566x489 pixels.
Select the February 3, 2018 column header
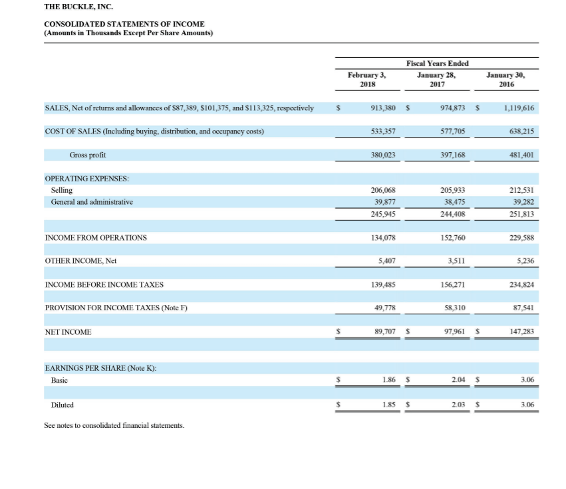(366, 80)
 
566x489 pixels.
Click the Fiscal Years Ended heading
(437, 64)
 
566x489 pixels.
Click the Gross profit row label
(87, 155)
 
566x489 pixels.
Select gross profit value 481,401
(521, 155)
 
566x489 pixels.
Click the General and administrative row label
(92, 201)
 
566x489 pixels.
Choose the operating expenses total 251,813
(521, 214)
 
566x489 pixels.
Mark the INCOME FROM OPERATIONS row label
(96, 238)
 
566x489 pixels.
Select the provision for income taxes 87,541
(522, 308)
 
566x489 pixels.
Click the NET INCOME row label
(68, 332)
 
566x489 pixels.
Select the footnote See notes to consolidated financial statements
(114, 425)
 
